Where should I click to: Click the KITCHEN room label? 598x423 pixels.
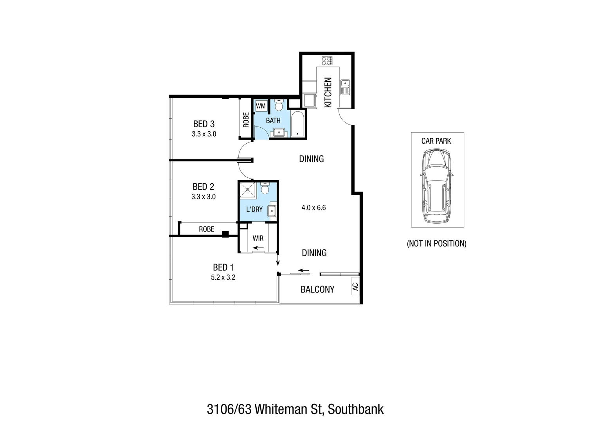tap(328, 92)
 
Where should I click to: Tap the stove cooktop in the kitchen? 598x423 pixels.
tap(327, 61)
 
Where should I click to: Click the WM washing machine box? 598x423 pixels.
tap(261, 106)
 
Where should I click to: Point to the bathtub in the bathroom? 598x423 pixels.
tap(298, 125)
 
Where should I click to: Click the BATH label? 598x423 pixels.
tap(273, 120)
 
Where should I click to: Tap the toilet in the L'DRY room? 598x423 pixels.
tap(265, 189)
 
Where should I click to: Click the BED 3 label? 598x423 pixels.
tap(204, 124)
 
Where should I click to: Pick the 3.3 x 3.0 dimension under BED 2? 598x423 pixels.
tap(204, 197)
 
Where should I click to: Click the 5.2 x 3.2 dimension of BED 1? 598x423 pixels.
tap(223, 277)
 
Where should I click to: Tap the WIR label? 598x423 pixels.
tap(258, 238)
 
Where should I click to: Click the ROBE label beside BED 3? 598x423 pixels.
tap(246, 120)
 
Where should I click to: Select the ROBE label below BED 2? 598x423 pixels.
tap(206, 229)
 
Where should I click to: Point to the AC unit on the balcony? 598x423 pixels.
tap(355, 287)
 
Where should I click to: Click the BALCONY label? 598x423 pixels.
tap(317, 289)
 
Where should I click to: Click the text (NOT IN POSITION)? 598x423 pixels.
tap(437, 244)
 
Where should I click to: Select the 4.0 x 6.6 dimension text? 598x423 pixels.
tap(313, 208)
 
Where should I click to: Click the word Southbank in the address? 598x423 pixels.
tap(356, 409)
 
